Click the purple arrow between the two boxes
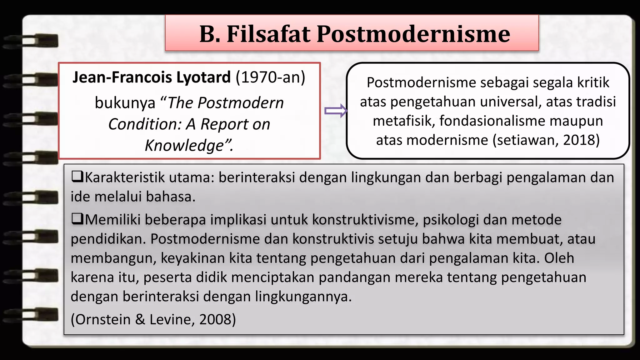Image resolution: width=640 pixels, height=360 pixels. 336,111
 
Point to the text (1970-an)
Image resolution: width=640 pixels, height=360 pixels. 270,77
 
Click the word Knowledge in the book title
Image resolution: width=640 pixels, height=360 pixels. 185,145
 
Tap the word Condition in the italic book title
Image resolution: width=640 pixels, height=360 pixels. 145,124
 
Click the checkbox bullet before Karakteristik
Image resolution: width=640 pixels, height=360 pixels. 77,177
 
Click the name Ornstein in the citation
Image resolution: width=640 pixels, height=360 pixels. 103,319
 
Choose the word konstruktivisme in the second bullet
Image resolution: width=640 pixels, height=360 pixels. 365,220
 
